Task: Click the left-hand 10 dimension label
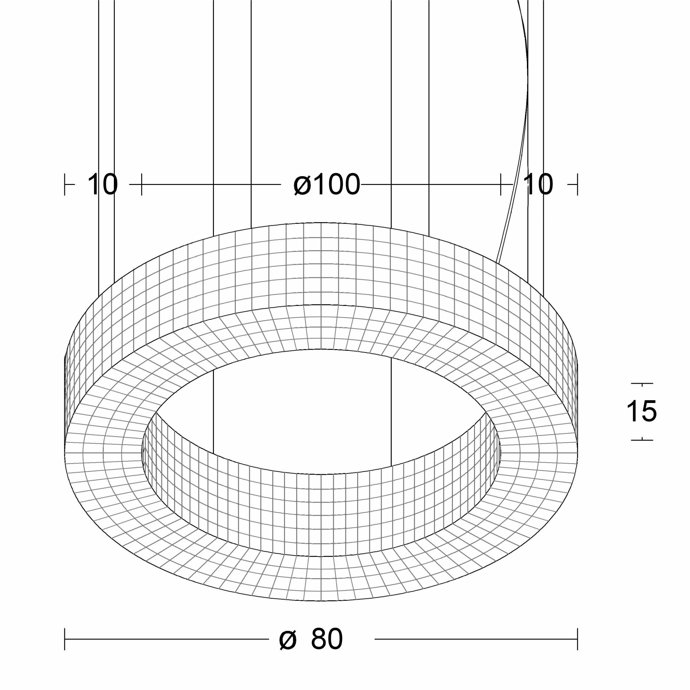click(102, 185)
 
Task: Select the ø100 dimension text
click(327, 185)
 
